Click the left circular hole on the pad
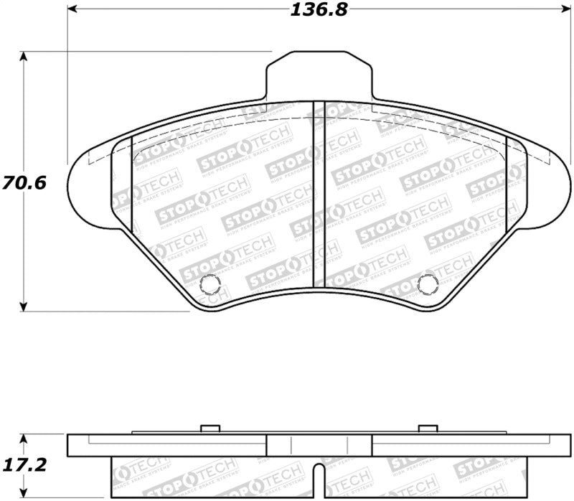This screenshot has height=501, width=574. [x=210, y=285]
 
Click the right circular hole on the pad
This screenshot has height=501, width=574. [x=428, y=285]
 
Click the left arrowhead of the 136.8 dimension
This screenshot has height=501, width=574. [x=72, y=10]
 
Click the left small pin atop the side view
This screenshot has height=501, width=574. [x=210, y=429]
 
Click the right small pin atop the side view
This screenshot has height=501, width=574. [x=428, y=429]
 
